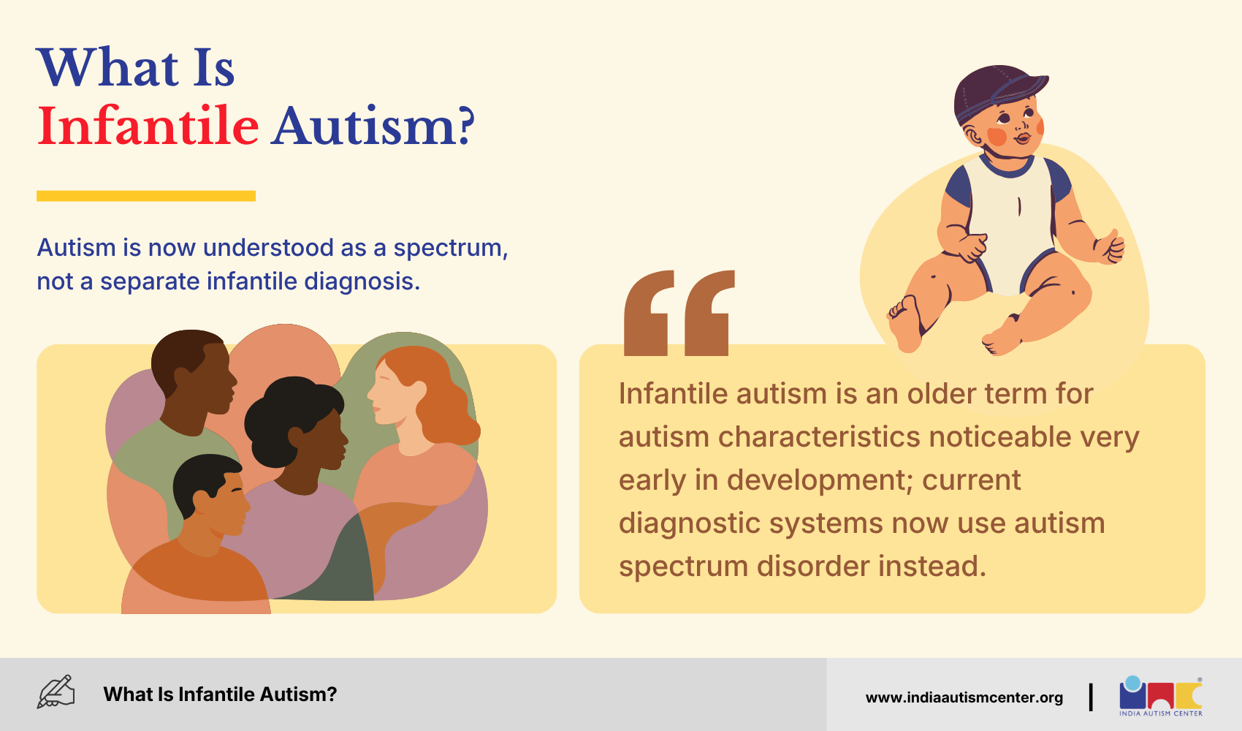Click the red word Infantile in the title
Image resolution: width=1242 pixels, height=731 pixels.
pos(148,126)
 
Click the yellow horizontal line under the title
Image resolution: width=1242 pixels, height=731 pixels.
pos(146,196)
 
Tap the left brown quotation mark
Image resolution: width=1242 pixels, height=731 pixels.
pos(649,313)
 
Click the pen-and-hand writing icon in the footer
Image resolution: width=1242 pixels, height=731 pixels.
pos(56,692)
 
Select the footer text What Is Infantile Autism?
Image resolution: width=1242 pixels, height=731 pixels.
pos(220,694)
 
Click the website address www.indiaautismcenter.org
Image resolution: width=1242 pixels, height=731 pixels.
pos(964,697)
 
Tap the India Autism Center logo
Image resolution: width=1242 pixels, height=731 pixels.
pos(1160,696)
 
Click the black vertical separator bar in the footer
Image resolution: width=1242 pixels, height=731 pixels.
pos(1091,697)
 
